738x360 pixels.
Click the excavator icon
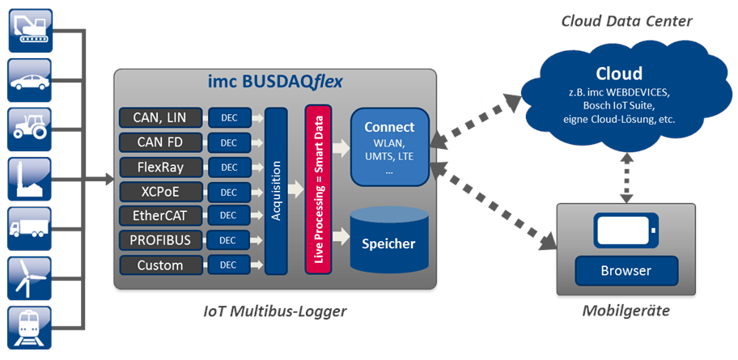click(29, 30)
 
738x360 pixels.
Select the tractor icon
click(29, 129)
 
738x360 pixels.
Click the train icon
click(29, 328)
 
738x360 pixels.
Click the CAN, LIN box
click(159, 118)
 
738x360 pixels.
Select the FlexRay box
click(159, 167)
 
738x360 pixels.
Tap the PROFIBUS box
click(159, 240)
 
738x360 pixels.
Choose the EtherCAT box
click(159, 216)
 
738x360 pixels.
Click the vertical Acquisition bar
click(276, 191)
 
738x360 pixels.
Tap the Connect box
click(389, 146)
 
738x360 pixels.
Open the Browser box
click(625, 269)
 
